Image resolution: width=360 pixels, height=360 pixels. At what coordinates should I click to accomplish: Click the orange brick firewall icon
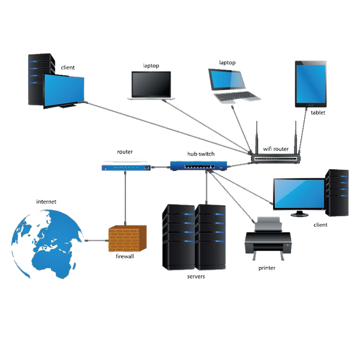point(127,239)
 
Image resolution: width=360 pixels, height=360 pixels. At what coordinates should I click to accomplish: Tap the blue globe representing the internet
point(47,244)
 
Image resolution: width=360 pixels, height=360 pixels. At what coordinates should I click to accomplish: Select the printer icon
point(268,238)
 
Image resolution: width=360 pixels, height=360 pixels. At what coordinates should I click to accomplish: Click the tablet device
point(311,84)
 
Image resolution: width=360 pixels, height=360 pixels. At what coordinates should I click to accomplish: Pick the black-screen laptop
point(151,86)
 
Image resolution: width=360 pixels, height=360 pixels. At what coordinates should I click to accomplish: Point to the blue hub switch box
point(199,166)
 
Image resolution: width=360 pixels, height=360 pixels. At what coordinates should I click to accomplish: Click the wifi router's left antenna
point(257,138)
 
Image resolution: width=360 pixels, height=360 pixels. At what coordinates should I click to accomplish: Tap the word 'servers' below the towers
point(196,277)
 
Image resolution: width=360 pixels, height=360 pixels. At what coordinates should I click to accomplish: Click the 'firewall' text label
point(125,256)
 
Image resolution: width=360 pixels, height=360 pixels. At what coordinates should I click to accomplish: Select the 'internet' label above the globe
point(46,202)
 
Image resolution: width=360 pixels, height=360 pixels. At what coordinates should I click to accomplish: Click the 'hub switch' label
point(201,154)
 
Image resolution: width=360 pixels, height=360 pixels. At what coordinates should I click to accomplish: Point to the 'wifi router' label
point(276,149)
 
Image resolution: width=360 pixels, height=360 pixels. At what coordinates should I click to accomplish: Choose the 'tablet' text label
point(318,113)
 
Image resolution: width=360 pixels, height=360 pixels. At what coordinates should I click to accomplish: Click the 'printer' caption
point(267,268)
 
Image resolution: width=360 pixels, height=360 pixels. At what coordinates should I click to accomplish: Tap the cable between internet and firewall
point(97,241)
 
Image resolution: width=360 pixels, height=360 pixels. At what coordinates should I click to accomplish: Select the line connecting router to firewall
point(125,198)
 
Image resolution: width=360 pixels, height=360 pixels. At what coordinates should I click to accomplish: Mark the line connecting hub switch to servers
point(206,187)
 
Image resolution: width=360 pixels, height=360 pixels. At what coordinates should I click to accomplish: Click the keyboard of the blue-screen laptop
point(236,97)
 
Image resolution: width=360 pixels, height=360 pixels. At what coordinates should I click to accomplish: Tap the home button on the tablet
point(311,105)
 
